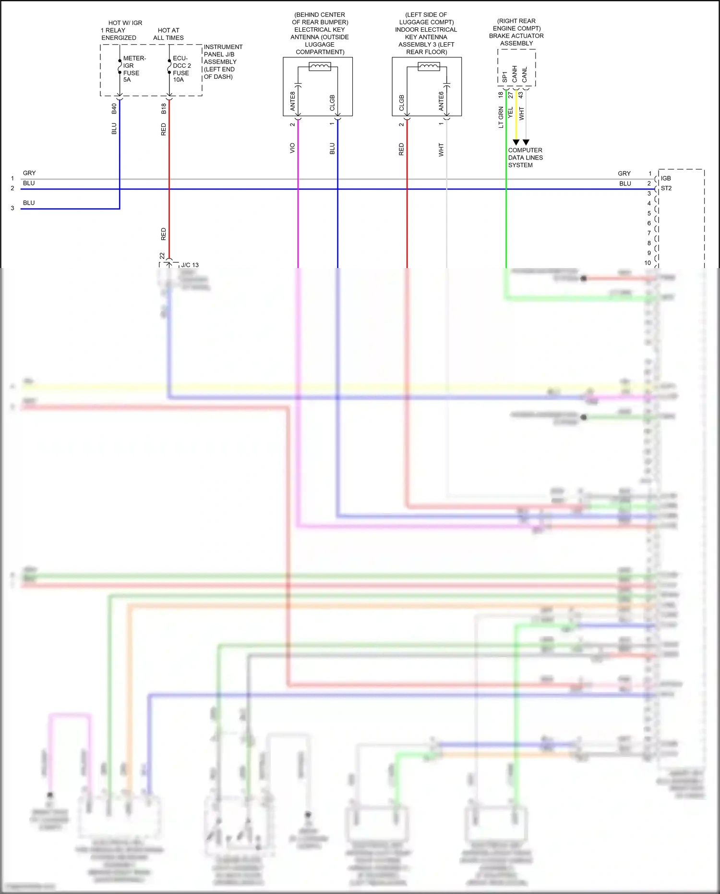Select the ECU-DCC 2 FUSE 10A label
pyautogui.click(x=181, y=69)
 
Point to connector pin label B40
pyautogui.click(x=114, y=109)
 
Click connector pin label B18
pyautogui.click(x=164, y=109)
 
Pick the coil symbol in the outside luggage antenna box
pyautogui.click(x=320, y=67)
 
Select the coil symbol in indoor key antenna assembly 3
pyautogui.click(x=429, y=67)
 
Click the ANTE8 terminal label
pyautogui.click(x=293, y=101)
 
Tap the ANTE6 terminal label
pyautogui.click(x=441, y=101)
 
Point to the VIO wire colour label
pyautogui.click(x=292, y=148)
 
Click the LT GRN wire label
pyautogui.click(x=501, y=117)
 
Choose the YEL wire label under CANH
pyautogui.click(x=511, y=112)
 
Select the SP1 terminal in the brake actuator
pyautogui.click(x=504, y=77)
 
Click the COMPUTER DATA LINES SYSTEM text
pyautogui.click(x=525, y=158)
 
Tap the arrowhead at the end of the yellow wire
pyautogui.click(x=516, y=142)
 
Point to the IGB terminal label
pyautogui.click(x=666, y=178)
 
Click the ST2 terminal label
pyautogui.click(x=666, y=188)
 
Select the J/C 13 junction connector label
pyautogui.click(x=190, y=265)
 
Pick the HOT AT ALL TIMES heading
pyautogui.click(x=168, y=34)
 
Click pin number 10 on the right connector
pyautogui.click(x=648, y=263)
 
